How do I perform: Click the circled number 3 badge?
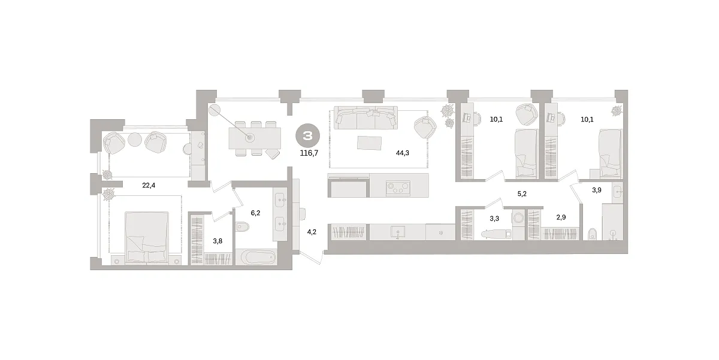coord(307,137)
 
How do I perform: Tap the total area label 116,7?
coord(309,153)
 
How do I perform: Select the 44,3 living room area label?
coord(402,153)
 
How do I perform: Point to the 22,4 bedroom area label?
coord(149,185)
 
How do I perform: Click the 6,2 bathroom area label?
coord(255,213)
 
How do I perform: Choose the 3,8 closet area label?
coord(217,241)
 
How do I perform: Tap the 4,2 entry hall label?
coord(312,232)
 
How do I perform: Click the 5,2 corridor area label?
coord(522,194)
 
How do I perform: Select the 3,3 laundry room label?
coord(494,219)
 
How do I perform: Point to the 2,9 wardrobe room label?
coord(561,217)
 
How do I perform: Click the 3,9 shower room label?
coord(597,190)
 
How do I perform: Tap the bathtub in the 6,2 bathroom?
coord(256,257)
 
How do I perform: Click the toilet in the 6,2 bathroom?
coord(242,227)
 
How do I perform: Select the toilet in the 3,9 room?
coord(593,234)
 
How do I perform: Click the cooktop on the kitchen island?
coord(398,187)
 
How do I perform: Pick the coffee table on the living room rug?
coord(370,143)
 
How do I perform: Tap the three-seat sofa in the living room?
coord(365,118)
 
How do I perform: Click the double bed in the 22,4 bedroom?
coord(147,237)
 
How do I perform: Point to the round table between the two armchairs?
coord(135,140)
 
